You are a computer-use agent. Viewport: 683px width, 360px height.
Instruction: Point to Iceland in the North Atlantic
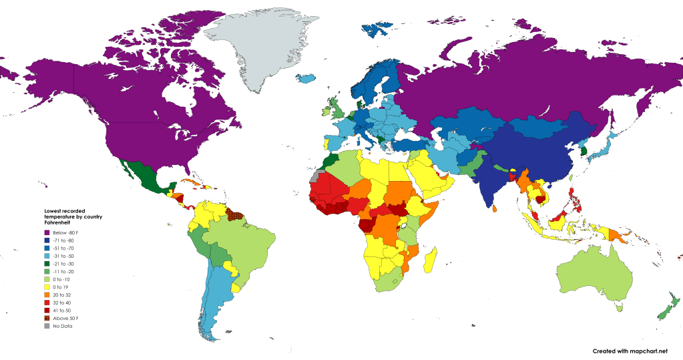tap(306, 78)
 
